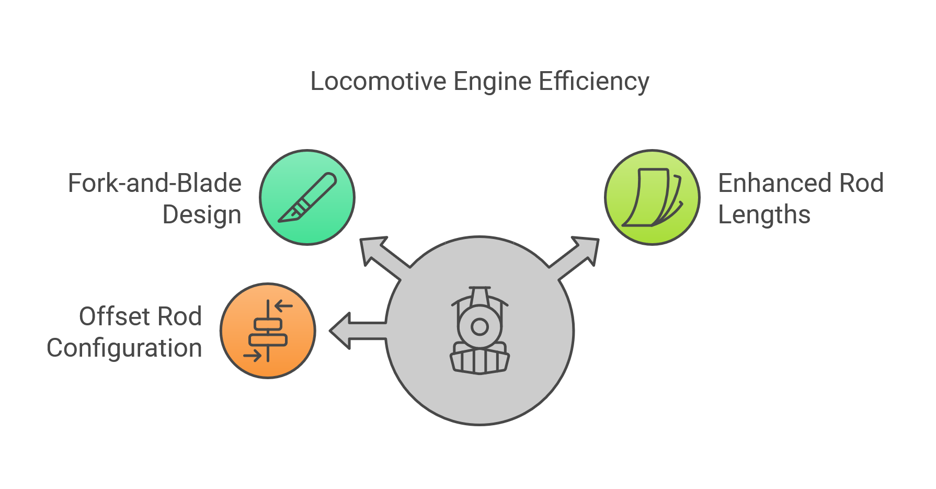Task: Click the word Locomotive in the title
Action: pos(378,82)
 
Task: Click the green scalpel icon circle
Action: pos(307,197)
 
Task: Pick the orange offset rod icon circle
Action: pos(268,331)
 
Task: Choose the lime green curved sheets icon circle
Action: pos(652,197)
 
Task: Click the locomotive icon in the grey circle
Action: pos(480,331)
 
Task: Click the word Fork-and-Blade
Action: pos(155,184)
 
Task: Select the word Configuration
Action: pos(124,348)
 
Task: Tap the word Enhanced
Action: pos(775,184)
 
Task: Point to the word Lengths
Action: pos(764,215)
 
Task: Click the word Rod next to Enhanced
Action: pos(861,184)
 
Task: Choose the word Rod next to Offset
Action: pos(179,316)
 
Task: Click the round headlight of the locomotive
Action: pos(480,327)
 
